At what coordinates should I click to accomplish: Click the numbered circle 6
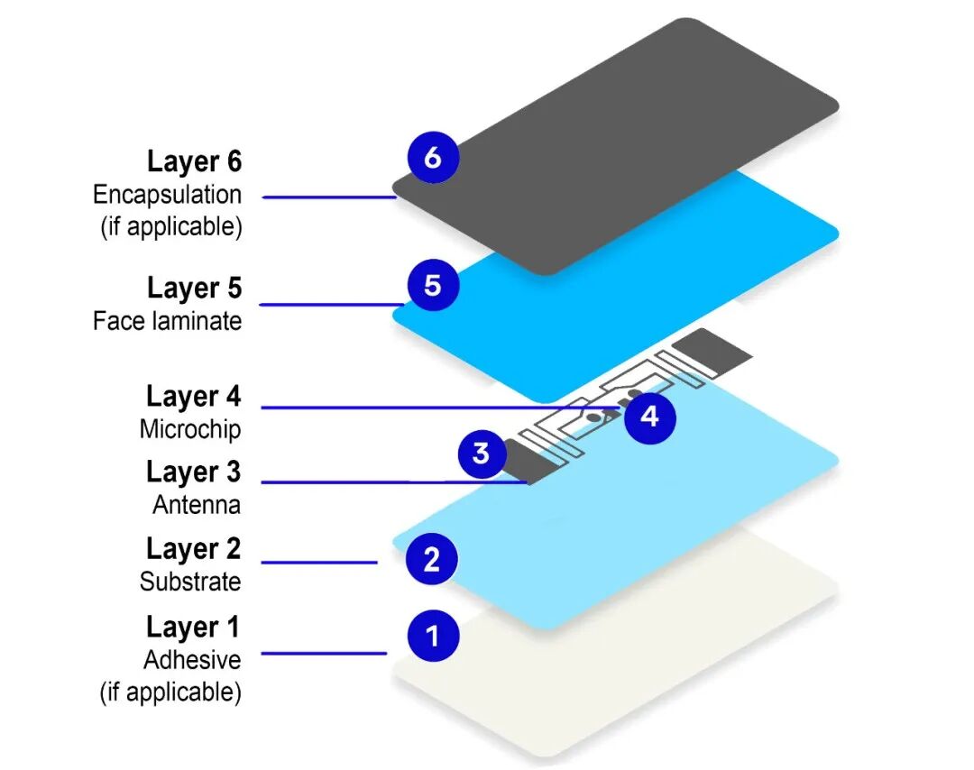tap(432, 158)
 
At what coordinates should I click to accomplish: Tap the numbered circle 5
tap(432, 285)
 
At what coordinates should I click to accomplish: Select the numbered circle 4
tap(650, 417)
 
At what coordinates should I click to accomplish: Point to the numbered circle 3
tap(481, 453)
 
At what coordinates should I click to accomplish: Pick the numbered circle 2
tap(432, 560)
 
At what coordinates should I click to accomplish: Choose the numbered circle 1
tap(432, 636)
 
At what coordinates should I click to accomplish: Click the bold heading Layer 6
tap(194, 161)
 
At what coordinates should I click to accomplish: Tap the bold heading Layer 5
tap(194, 288)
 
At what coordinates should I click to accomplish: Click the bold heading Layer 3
tap(194, 472)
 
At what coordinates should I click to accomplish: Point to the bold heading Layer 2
tap(194, 548)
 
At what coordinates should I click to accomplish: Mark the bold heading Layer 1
tap(194, 626)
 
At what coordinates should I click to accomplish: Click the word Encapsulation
tap(167, 194)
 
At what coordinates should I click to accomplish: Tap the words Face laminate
tap(167, 320)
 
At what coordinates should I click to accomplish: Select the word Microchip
tap(190, 428)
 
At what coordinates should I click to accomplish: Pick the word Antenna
tap(197, 505)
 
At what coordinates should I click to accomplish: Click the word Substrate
tap(190, 582)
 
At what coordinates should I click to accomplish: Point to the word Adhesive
tap(192, 659)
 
